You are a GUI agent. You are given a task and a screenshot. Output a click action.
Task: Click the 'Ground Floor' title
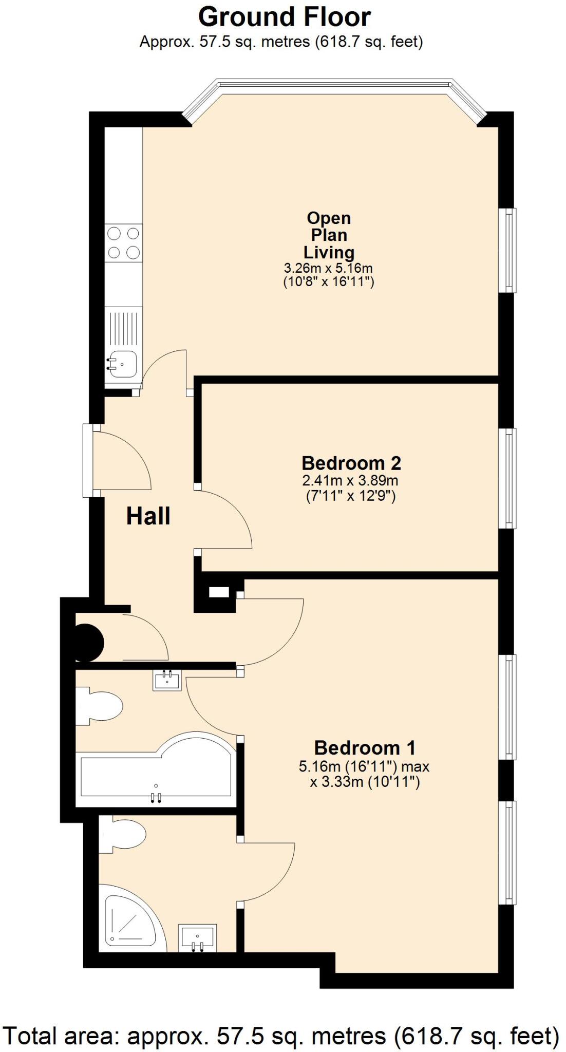click(x=284, y=17)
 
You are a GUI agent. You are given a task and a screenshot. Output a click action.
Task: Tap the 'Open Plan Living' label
click(x=329, y=235)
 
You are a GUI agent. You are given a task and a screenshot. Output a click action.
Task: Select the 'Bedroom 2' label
click(x=351, y=463)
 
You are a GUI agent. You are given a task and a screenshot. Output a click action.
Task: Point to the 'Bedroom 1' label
click(x=365, y=747)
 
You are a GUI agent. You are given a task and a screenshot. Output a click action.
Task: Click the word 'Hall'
click(x=148, y=516)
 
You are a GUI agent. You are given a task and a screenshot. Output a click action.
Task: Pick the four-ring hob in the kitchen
click(x=124, y=243)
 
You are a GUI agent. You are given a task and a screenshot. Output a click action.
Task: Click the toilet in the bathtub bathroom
click(x=99, y=707)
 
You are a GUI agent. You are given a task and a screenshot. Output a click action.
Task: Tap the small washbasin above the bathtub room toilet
click(x=167, y=680)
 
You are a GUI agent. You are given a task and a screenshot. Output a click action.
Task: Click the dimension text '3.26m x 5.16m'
click(x=328, y=268)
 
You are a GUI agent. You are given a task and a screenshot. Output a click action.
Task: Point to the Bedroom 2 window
click(x=508, y=478)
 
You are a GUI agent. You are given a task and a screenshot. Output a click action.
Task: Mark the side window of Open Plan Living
click(x=508, y=250)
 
